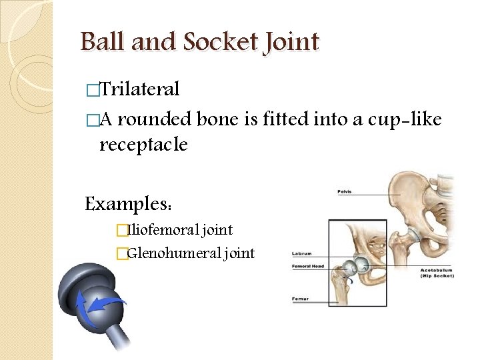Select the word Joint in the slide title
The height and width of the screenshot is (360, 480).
point(291,42)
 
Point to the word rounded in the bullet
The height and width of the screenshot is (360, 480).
point(157,120)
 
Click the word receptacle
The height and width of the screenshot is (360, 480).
point(143,145)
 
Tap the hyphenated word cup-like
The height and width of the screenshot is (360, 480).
point(404,120)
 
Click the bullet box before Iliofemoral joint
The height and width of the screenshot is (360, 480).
point(121,231)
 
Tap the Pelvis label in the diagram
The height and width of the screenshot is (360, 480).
point(345,192)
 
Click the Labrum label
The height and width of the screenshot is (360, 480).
point(302,253)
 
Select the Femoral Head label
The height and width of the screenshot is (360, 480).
point(308,267)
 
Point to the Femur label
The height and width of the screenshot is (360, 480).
point(300,299)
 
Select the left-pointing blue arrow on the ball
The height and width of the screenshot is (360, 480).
point(103,305)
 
